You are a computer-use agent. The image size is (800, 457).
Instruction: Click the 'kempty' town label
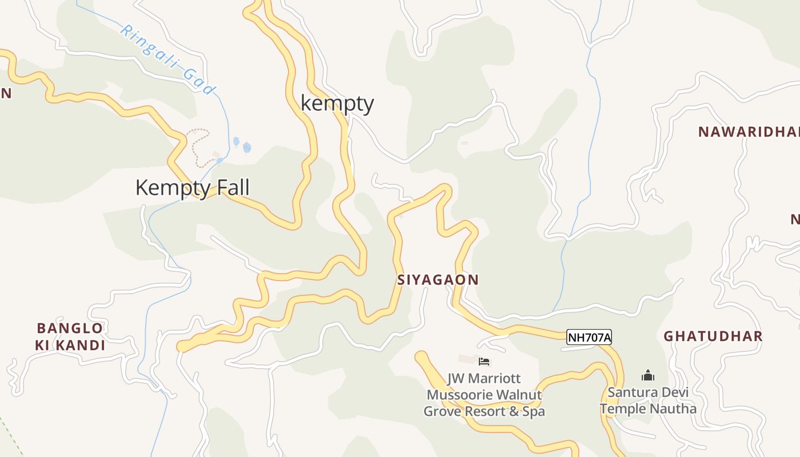coord(337,103)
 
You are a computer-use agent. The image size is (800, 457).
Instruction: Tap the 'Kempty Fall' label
coord(192,187)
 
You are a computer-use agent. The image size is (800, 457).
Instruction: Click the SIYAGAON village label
coord(438,280)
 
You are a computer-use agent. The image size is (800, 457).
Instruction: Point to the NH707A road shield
coord(589,338)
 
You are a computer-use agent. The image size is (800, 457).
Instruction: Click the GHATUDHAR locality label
coord(713,336)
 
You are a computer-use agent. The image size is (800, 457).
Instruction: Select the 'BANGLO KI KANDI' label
coord(70,336)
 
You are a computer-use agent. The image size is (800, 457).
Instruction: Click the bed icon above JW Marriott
coord(484,361)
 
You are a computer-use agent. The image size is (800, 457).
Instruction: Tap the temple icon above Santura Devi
coord(647,376)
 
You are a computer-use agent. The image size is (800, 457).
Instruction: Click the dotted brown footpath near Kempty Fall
coord(196,146)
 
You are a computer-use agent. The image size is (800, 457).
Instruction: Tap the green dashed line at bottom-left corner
coord(10,437)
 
